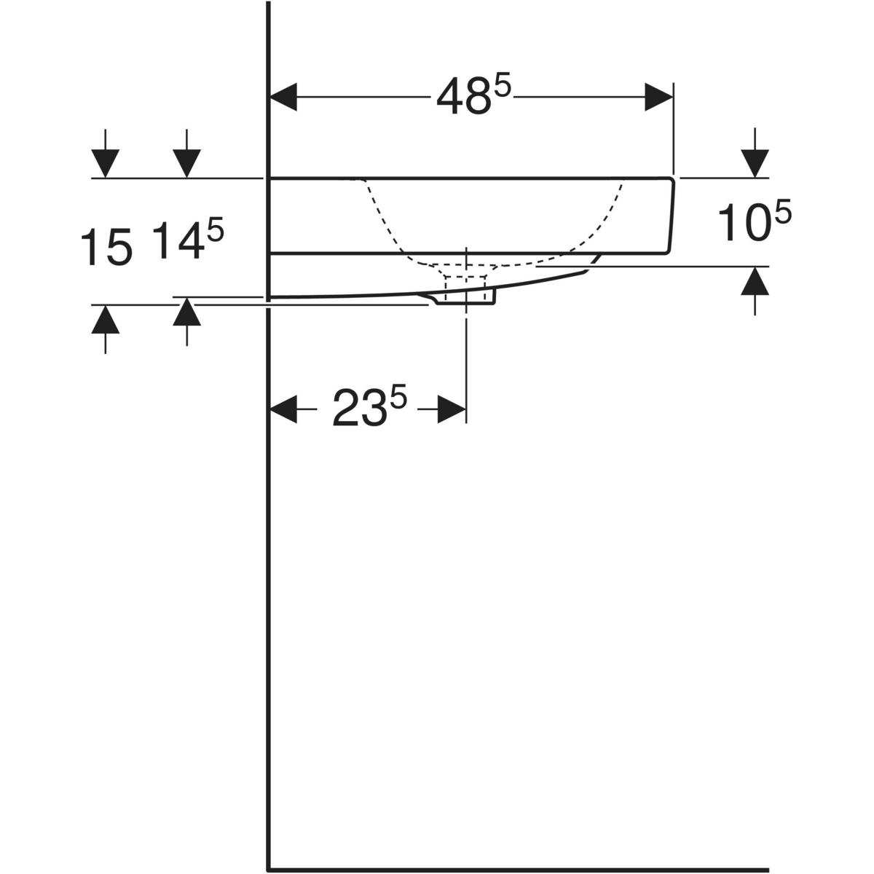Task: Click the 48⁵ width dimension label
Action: click(473, 95)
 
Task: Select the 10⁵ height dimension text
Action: click(755, 221)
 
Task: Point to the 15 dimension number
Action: click(106, 246)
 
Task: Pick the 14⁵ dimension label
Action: click(188, 239)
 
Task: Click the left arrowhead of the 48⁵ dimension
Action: click(283, 97)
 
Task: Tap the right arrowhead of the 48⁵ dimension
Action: click(658, 97)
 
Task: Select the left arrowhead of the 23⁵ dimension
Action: click(283, 409)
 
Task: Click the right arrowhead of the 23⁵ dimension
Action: click(452, 409)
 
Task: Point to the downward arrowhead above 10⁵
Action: click(755, 163)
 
